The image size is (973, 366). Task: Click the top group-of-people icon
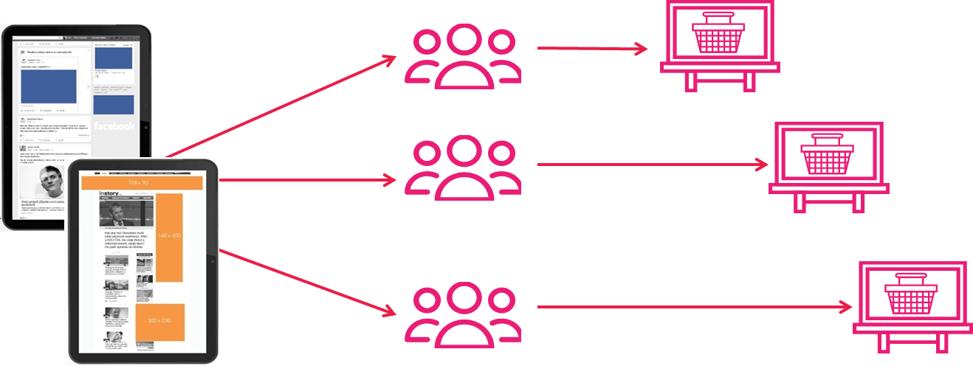click(463, 58)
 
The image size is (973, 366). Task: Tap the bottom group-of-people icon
click(463, 313)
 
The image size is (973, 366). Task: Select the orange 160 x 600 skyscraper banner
click(169, 236)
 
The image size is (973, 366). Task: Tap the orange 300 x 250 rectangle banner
click(159, 322)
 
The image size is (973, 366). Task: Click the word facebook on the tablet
click(114, 126)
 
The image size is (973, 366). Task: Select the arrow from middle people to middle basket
click(653, 165)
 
